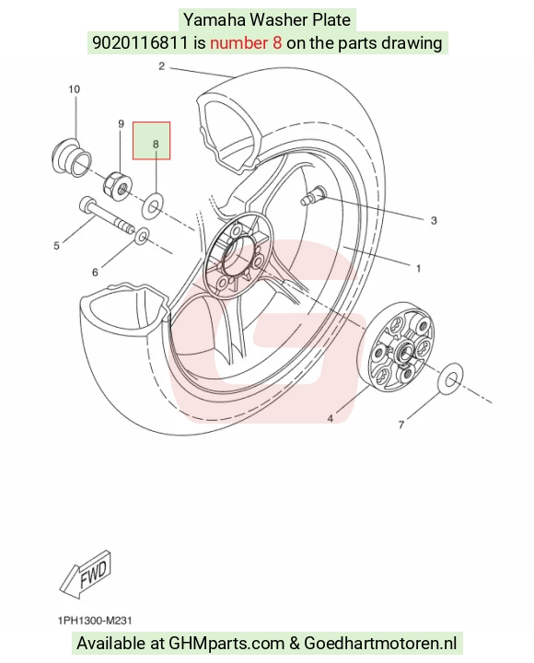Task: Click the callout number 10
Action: [74, 89]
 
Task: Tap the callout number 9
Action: [121, 124]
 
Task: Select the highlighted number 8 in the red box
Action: [156, 145]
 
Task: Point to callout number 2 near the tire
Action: [161, 66]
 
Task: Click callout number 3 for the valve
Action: [434, 220]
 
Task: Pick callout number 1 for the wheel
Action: [418, 269]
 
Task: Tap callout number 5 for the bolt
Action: [56, 246]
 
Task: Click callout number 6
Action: [95, 273]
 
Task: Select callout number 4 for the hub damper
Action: [331, 419]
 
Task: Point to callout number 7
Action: [401, 425]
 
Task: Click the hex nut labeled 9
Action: [118, 186]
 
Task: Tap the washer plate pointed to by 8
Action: [152, 206]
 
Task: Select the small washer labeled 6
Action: [142, 237]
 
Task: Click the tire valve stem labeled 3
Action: [312, 195]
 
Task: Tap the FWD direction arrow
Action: [86, 575]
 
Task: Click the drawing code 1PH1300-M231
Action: [95, 621]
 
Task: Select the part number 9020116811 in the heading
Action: [140, 42]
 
